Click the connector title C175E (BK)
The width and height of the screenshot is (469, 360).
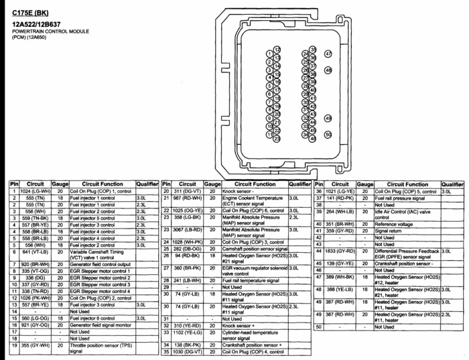[x=30, y=13]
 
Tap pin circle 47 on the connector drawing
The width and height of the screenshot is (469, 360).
[x=328, y=53]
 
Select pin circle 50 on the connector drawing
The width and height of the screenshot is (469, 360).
[x=328, y=134]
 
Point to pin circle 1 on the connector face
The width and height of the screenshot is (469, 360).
[x=269, y=54]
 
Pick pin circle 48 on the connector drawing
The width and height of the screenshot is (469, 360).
[x=328, y=70]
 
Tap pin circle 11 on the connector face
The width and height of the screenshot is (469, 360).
[x=269, y=134]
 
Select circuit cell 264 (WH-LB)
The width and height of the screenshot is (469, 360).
[x=341, y=211]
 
